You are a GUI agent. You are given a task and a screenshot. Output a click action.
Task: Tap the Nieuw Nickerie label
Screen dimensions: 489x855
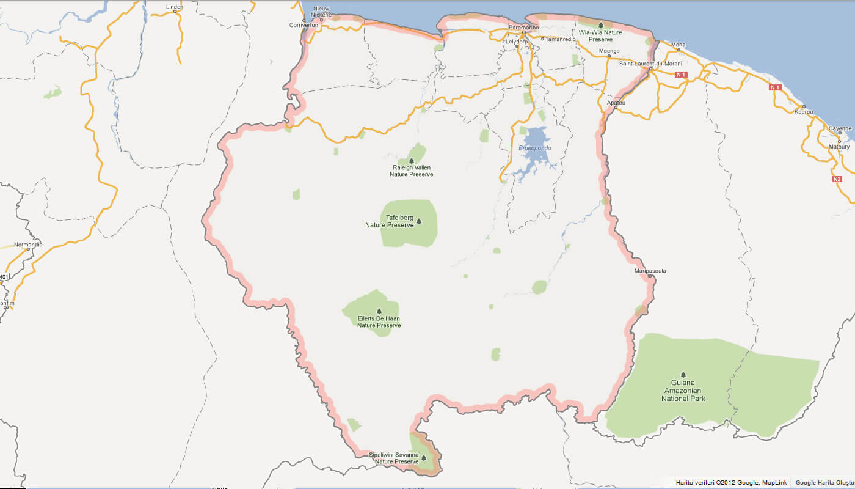pyautogui.click(x=321, y=12)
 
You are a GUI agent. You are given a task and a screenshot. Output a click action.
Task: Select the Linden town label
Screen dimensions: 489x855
pyautogui.click(x=175, y=7)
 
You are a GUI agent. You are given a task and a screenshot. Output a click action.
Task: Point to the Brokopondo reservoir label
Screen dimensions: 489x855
pyautogui.click(x=534, y=148)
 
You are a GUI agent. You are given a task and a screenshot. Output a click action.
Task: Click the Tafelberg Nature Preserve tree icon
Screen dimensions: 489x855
pyautogui.click(x=419, y=221)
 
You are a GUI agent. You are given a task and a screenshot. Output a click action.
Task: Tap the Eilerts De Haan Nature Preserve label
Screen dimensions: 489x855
pyautogui.click(x=379, y=322)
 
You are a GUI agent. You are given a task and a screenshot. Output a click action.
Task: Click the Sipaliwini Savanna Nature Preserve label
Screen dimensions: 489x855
pyautogui.click(x=394, y=458)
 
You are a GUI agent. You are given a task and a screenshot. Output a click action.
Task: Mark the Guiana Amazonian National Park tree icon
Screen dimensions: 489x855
pyautogui.click(x=683, y=375)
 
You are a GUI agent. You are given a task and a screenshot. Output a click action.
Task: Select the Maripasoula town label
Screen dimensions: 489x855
pyautogui.click(x=650, y=270)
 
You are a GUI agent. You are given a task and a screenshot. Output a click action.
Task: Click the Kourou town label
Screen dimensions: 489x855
pyautogui.click(x=804, y=112)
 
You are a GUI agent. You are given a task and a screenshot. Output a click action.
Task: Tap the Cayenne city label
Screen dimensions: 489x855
pyautogui.click(x=840, y=128)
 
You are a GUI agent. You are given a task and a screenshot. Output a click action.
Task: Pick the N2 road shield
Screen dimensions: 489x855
pyautogui.click(x=837, y=179)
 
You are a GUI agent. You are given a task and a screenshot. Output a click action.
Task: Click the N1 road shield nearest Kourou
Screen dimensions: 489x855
pyautogui.click(x=775, y=87)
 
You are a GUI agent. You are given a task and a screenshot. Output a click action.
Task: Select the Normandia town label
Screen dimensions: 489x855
pyautogui.click(x=28, y=244)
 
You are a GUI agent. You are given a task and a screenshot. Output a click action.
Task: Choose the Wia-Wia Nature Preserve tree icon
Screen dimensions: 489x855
pyautogui.click(x=600, y=25)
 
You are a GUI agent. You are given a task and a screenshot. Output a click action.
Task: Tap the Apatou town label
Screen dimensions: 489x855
pyautogui.click(x=616, y=103)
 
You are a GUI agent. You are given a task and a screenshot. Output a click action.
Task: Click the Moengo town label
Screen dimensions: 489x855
pyautogui.click(x=609, y=51)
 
